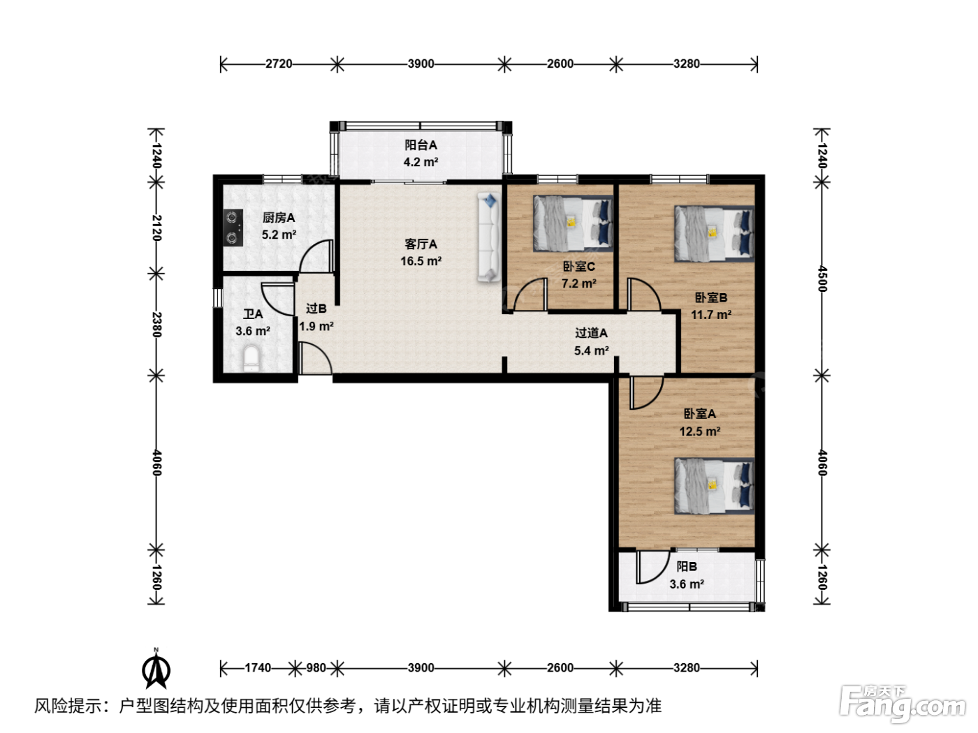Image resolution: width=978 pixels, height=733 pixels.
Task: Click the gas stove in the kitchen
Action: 233,228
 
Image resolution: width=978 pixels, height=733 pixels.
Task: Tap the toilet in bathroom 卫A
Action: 251,358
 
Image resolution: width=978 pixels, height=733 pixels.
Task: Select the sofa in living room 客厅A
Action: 489,237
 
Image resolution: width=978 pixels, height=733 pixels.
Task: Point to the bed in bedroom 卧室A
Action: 714,486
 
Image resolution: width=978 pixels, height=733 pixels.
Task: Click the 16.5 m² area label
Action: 421,261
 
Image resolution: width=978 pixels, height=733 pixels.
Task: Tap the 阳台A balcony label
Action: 421,145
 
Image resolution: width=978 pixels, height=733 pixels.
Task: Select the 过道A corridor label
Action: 591,333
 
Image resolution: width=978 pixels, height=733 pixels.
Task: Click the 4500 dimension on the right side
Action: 822,279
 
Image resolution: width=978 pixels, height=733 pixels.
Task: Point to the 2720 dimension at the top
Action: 279,64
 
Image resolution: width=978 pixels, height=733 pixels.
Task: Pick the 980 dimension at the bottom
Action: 316,668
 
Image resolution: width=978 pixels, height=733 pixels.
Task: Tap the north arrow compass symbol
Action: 156,669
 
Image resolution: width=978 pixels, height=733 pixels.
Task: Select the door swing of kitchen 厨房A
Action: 316,256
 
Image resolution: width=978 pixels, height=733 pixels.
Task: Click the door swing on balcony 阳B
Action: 652,568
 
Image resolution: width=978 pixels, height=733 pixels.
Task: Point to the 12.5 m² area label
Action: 699,431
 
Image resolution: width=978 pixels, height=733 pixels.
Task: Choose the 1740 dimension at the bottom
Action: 258,668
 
